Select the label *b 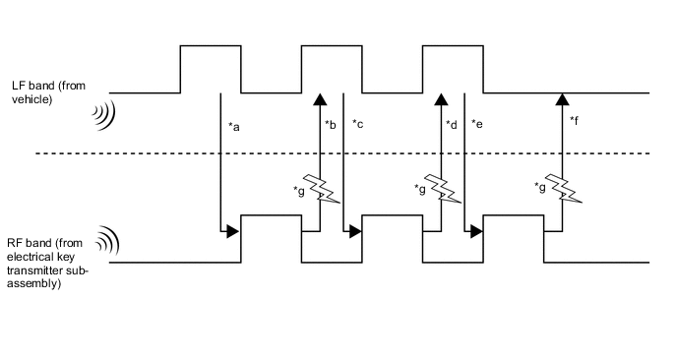pyautogui.click(x=331, y=125)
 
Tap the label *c pyautogui.click(x=358, y=125)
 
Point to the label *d pyautogui.click(x=452, y=125)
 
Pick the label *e pyautogui.click(x=477, y=125)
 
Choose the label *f pyautogui.click(x=574, y=120)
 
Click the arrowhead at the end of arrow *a pyautogui.click(x=232, y=232)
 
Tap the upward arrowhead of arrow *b pyautogui.click(x=319, y=98)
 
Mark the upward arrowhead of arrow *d pyautogui.click(x=441, y=98)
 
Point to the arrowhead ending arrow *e pyautogui.click(x=475, y=232)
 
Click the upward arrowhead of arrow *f pyautogui.click(x=562, y=98)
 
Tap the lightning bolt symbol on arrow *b pyautogui.click(x=323, y=188)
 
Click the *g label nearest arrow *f pyautogui.click(x=540, y=186)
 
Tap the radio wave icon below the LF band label pyautogui.click(x=104, y=116)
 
